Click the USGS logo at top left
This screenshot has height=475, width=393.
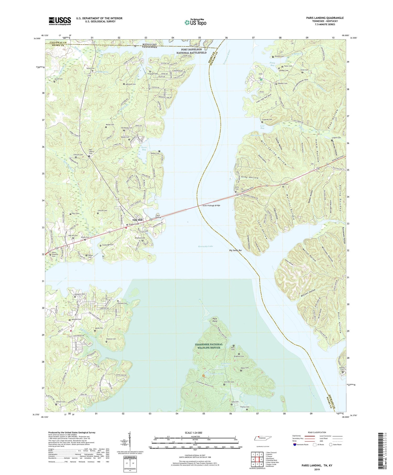point(60,21)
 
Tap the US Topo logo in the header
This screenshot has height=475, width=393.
point(195,22)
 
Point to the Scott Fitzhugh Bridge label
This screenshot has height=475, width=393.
point(211,205)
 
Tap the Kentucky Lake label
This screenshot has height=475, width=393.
point(206,246)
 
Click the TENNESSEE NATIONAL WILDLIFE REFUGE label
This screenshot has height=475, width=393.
point(209,346)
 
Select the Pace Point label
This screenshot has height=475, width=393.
point(215,320)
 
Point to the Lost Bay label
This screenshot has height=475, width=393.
point(262,127)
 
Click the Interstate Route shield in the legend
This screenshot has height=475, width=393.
point(294,445)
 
